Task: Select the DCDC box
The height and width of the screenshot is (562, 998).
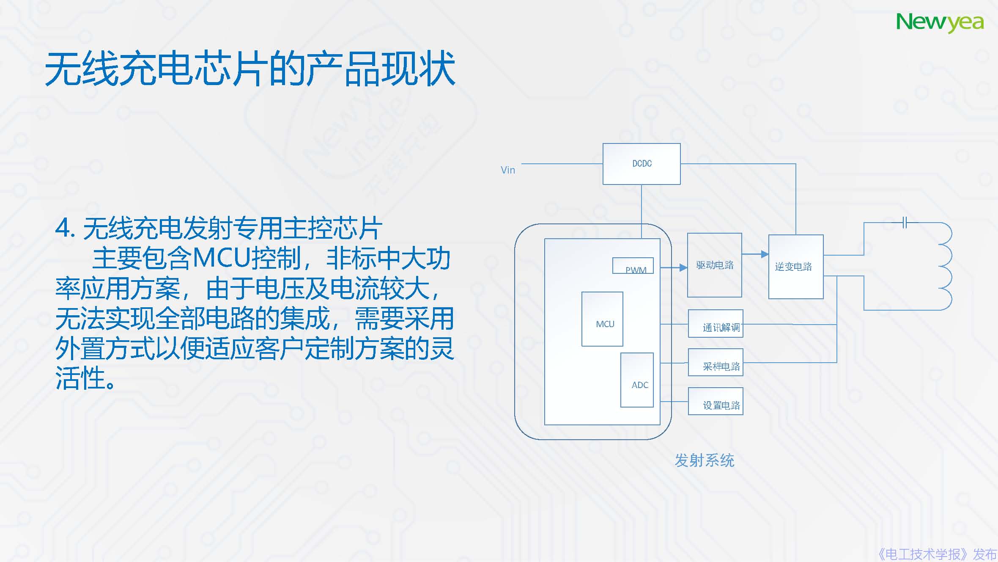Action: [x=641, y=164]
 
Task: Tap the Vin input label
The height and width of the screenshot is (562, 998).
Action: [x=507, y=170]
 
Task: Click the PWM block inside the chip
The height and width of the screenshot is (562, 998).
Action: [x=633, y=266]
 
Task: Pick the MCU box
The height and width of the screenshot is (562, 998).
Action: [x=602, y=320]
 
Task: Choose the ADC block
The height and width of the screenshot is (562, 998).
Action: [x=637, y=380]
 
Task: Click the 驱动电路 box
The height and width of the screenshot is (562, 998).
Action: [x=714, y=265]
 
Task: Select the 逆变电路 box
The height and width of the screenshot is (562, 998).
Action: [x=795, y=267]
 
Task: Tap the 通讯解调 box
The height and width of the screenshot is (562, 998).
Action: [x=716, y=324]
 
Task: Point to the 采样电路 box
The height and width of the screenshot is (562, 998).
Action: [x=716, y=363]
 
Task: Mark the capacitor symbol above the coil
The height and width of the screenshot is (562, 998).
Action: [x=904, y=222]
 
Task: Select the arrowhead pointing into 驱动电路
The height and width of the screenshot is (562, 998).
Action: [x=683, y=267]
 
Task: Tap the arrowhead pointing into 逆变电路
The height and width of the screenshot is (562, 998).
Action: [x=764, y=254]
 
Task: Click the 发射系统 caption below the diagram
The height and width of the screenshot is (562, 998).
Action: [x=704, y=460]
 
